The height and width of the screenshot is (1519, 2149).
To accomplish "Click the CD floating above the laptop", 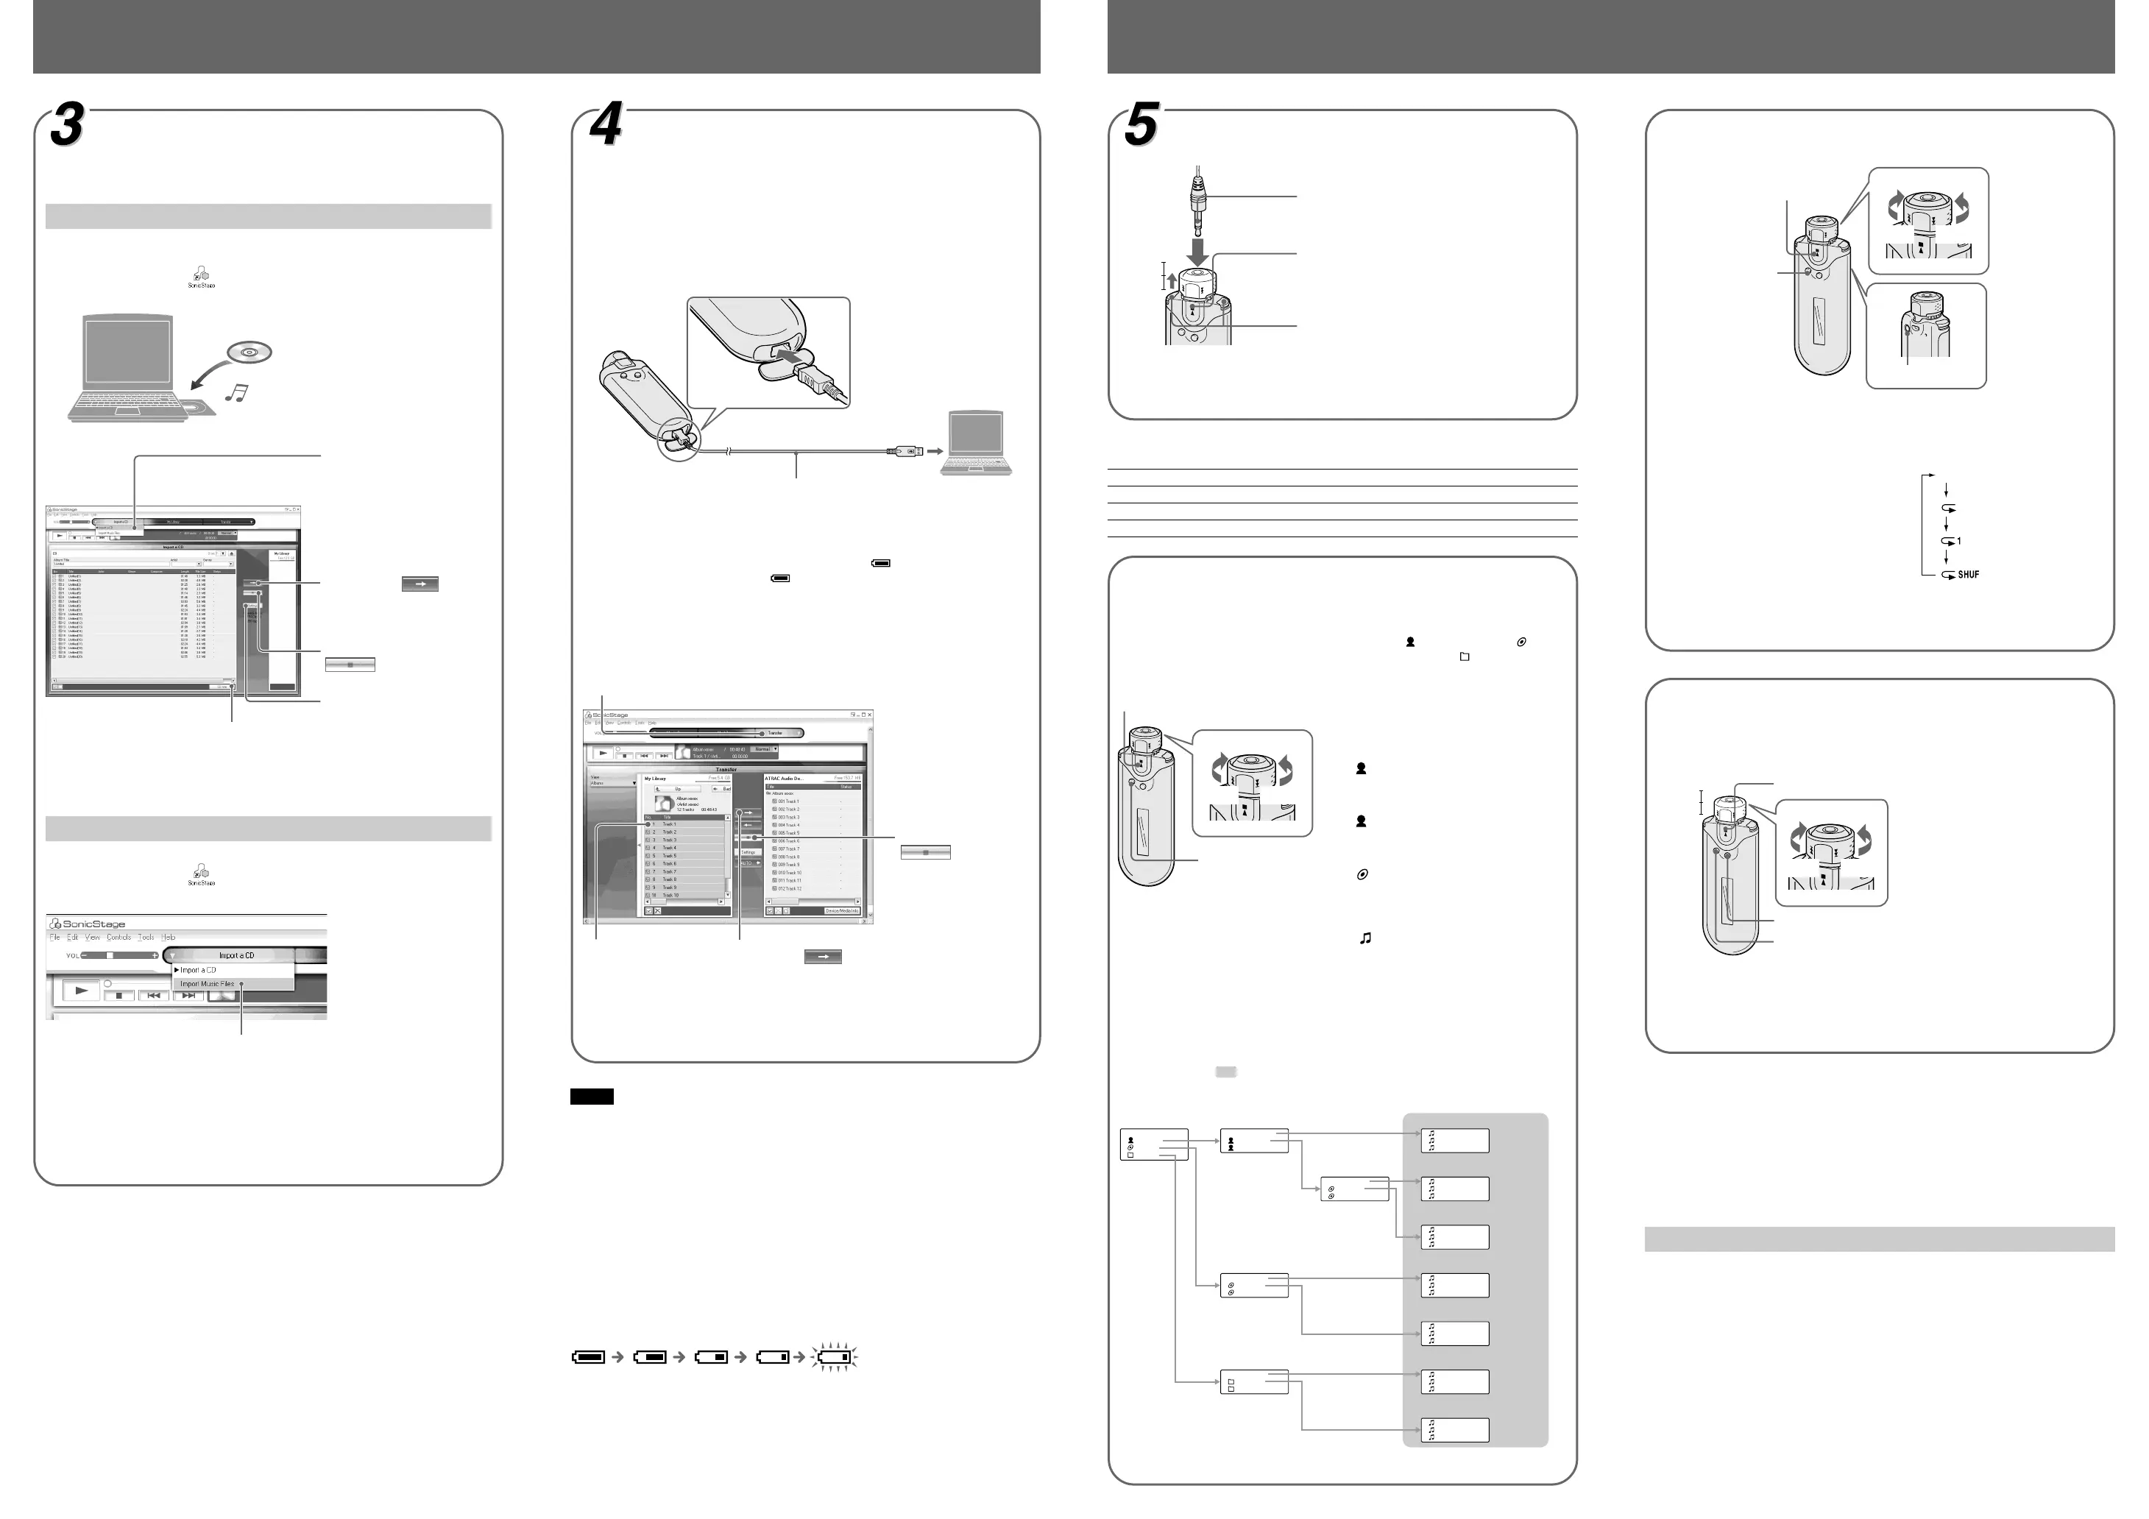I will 249,353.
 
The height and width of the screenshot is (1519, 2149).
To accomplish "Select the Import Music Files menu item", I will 207,984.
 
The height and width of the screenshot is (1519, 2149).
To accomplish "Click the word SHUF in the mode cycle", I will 1969,575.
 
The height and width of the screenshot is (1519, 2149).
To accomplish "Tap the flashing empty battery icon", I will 833,1356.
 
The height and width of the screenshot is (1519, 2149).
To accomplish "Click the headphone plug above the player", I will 1197,200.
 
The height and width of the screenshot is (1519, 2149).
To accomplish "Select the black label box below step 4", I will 592,1097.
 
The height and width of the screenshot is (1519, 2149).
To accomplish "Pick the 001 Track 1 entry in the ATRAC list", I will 788,801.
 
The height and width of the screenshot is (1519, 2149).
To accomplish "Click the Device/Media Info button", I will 841,910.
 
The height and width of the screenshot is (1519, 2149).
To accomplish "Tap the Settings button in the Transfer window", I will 748,851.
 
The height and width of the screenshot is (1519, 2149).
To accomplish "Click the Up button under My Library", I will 679,789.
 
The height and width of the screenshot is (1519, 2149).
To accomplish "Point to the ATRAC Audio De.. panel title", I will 785,778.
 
